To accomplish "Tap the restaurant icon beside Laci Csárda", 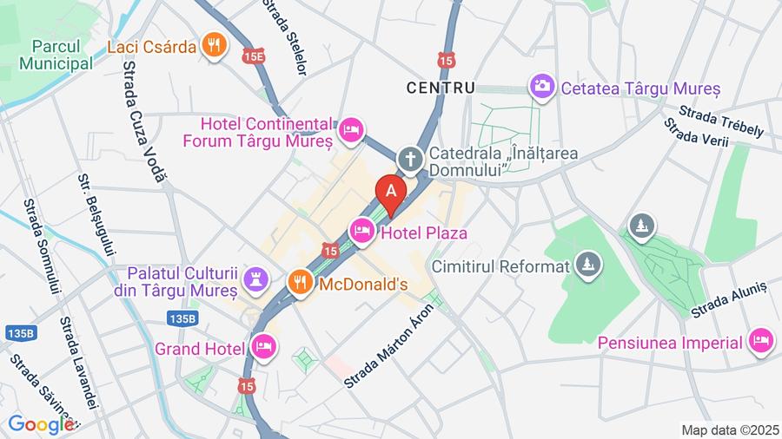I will click(x=213, y=45).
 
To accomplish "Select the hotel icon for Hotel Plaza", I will click(x=361, y=231).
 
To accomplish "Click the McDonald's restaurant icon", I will click(x=300, y=282).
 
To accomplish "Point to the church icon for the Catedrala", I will click(x=409, y=159).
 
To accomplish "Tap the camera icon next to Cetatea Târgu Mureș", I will click(x=543, y=86).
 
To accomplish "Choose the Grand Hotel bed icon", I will click(x=263, y=347).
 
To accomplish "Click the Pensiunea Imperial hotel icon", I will click(x=760, y=341).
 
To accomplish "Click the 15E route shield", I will click(x=254, y=55).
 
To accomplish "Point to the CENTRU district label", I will click(x=441, y=88).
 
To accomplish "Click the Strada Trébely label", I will click(x=721, y=121).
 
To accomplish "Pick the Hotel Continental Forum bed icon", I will click(x=350, y=130).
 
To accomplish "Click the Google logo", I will click(x=40, y=424).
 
